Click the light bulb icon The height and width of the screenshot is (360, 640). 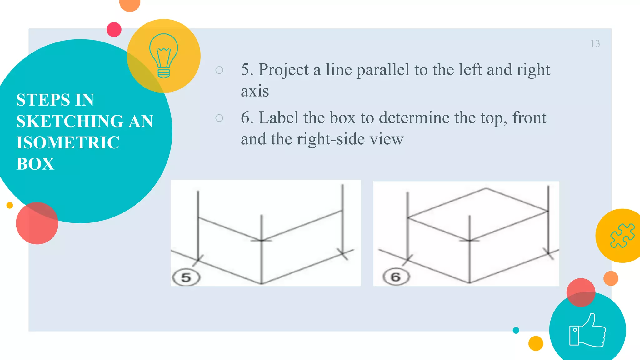pyautogui.click(x=164, y=56)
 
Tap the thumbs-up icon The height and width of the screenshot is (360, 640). pyautogui.click(x=587, y=331)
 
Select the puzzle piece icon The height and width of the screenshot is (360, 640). pyautogui.click(x=622, y=236)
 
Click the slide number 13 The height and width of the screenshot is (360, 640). pyautogui.click(x=595, y=44)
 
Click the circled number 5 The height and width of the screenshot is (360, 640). pyautogui.click(x=186, y=277)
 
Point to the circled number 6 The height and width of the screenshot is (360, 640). pyautogui.click(x=396, y=277)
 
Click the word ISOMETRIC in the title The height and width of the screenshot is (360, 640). pyautogui.click(x=68, y=142)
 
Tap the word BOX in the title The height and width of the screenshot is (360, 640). pyautogui.click(x=35, y=164)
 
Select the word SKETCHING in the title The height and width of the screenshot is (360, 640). pyautogui.click(x=70, y=121)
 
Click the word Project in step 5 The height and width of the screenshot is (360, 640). pyautogui.click(x=283, y=70)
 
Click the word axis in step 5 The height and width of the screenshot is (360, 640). pyautogui.click(x=255, y=91)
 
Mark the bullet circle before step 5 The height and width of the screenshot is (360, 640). pyautogui.click(x=219, y=70)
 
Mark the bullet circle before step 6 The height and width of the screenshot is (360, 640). pyautogui.click(x=219, y=118)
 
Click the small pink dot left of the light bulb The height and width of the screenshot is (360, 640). pyautogui.click(x=114, y=30)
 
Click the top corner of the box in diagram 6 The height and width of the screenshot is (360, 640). pyautogui.click(x=486, y=188)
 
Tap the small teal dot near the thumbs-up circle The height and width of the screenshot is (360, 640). pyautogui.click(x=516, y=330)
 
